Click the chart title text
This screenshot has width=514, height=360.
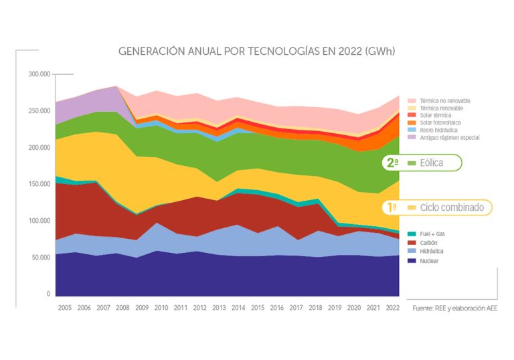tap(256, 51)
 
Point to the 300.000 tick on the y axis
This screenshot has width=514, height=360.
tap(39, 74)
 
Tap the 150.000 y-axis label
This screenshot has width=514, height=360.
tap(39, 184)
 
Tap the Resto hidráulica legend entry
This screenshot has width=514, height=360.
tap(439, 130)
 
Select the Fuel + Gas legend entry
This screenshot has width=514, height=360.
tap(434, 233)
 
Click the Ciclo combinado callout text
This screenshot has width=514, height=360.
tap(452, 207)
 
